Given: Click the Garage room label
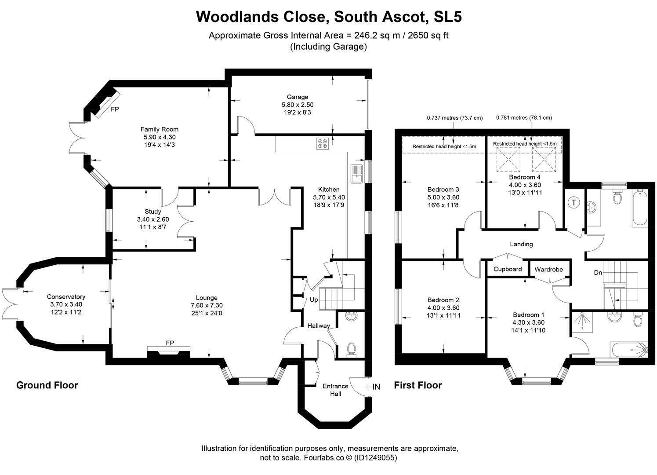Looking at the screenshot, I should (x=298, y=97).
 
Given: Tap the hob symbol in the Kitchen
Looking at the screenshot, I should (x=322, y=143).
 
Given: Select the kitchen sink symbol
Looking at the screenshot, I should (x=356, y=174).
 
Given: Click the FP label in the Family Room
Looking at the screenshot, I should (x=115, y=109).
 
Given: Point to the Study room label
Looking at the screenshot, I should (x=152, y=212).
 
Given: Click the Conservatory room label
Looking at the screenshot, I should (x=66, y=297).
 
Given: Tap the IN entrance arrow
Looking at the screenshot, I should (x=373, y=387).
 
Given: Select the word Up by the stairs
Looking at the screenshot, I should (x=314, y=300).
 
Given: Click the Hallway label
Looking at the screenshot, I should (x=319, y=326).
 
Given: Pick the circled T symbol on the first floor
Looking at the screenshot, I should (x=574, y=203).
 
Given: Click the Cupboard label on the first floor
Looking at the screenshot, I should (x=508, y=269).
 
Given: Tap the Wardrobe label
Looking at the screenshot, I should (x=548, y=269).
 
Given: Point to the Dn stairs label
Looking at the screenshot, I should (x=598, y=273).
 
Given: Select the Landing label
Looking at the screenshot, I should (x=521, y=244).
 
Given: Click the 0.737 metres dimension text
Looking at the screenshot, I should (x=454, y=118).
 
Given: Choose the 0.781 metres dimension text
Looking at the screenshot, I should (x=524, y=118).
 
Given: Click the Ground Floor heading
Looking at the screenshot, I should (x=47, y=385).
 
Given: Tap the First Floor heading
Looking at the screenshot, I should (x=417, y=385).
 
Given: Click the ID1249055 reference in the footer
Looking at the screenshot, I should (x=377, y=458).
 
